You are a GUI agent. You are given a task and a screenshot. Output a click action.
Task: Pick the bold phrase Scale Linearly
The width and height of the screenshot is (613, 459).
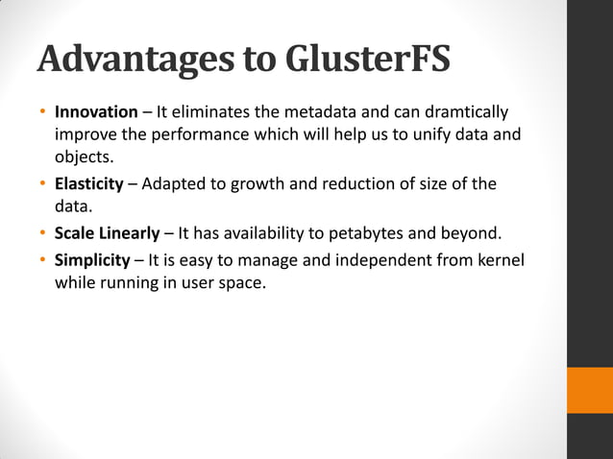point(107,233)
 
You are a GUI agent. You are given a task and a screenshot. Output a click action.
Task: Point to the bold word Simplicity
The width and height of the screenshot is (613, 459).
point(91,260)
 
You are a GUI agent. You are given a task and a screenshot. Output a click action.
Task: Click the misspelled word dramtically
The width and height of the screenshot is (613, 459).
point(460,113)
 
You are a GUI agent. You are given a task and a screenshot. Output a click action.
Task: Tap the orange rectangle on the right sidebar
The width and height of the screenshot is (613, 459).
point(590,390)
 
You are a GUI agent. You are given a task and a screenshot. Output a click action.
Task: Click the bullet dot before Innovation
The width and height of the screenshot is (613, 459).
point(42,113)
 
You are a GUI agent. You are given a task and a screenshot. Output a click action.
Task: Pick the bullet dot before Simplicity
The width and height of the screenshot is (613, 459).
point(42,260)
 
